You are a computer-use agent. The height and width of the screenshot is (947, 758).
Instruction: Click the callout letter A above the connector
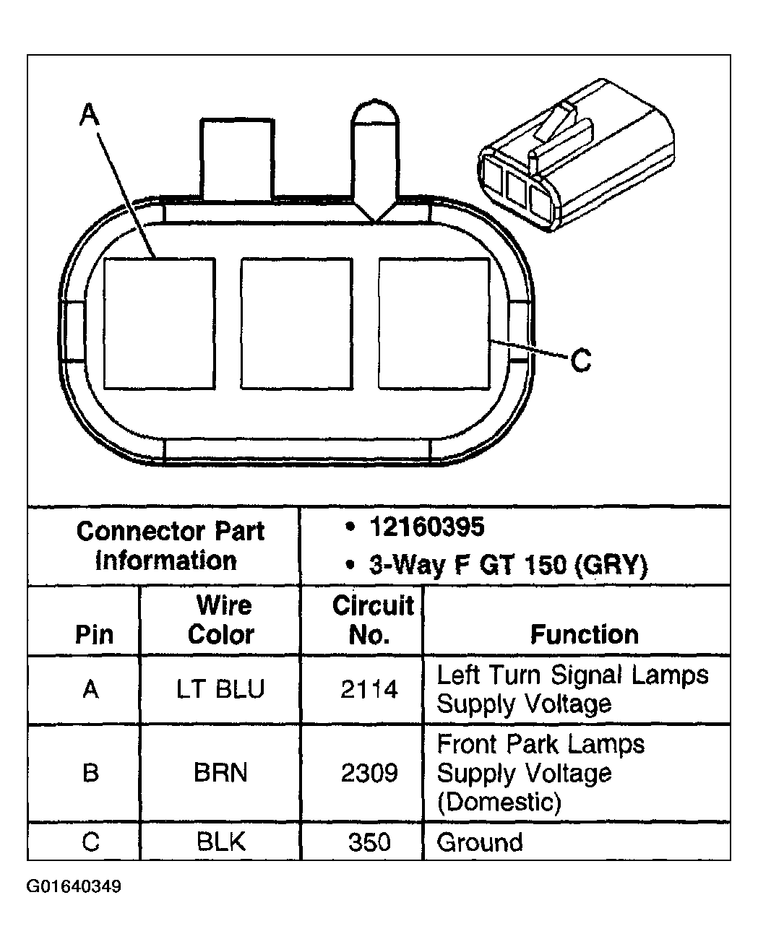click(x=88, y=114)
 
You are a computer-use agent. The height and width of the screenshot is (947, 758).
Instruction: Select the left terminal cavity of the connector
click(x=160, y=323)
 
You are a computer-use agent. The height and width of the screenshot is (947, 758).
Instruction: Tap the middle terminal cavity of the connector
click(x=296, y=323)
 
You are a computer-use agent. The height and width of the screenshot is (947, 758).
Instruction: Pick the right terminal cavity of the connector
click(x=434, y=323)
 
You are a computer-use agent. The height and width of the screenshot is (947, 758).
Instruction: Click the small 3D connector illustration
click(x=574, y=158)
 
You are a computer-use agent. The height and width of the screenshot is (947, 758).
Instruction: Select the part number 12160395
click(x=426, y=528)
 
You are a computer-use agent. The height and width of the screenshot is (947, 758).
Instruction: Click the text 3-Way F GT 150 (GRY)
click(x=508, y=564)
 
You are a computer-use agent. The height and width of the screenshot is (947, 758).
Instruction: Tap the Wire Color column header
click(x=220, y=620)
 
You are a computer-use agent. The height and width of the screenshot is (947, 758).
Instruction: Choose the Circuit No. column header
click(x=371, y=620)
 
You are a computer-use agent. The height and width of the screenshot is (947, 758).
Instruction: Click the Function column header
click(x=584, y=634)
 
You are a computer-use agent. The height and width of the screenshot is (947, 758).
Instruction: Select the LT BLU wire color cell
click(x=220, y=689)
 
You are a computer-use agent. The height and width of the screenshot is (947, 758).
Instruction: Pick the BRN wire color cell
click(x=220, y=772)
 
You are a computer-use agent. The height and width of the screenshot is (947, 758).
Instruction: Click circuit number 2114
click(x=369, y=689)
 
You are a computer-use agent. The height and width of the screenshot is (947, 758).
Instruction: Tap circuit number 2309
click(x=369, y=772)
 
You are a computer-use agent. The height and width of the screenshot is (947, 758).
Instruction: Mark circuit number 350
click(x=369, y=842)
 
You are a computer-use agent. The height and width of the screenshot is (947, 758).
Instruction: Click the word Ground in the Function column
click(x=480, y=842)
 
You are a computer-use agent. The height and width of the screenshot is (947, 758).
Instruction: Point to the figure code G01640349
click(x=74, y=886)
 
